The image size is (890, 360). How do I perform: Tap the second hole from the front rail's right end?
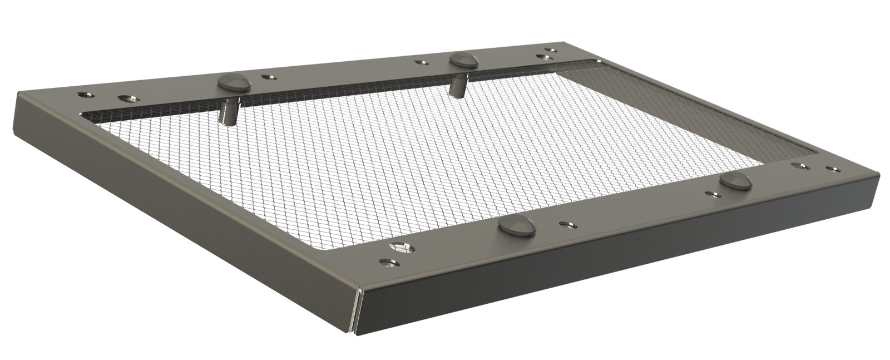(x=802, y=165)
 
